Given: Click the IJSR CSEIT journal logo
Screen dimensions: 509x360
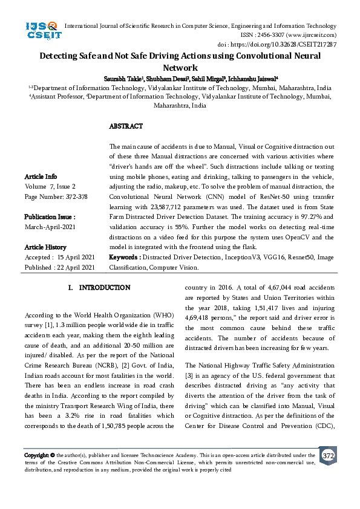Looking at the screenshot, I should pyautogui.click(x=42, y=31).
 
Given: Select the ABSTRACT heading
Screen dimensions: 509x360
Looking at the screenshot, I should pyautogui.click(x=126, y=126).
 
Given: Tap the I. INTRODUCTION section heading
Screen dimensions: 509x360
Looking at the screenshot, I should pyautogui.click(x=98, y=288).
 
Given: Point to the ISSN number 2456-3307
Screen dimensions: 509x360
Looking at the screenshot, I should pyautogui.click(x=269, y=36).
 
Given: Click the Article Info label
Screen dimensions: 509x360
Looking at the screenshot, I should pyautogui.click(x=41, y=177).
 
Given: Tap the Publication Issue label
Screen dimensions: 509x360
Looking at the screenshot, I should pyautogui.click(x=50, y=216).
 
